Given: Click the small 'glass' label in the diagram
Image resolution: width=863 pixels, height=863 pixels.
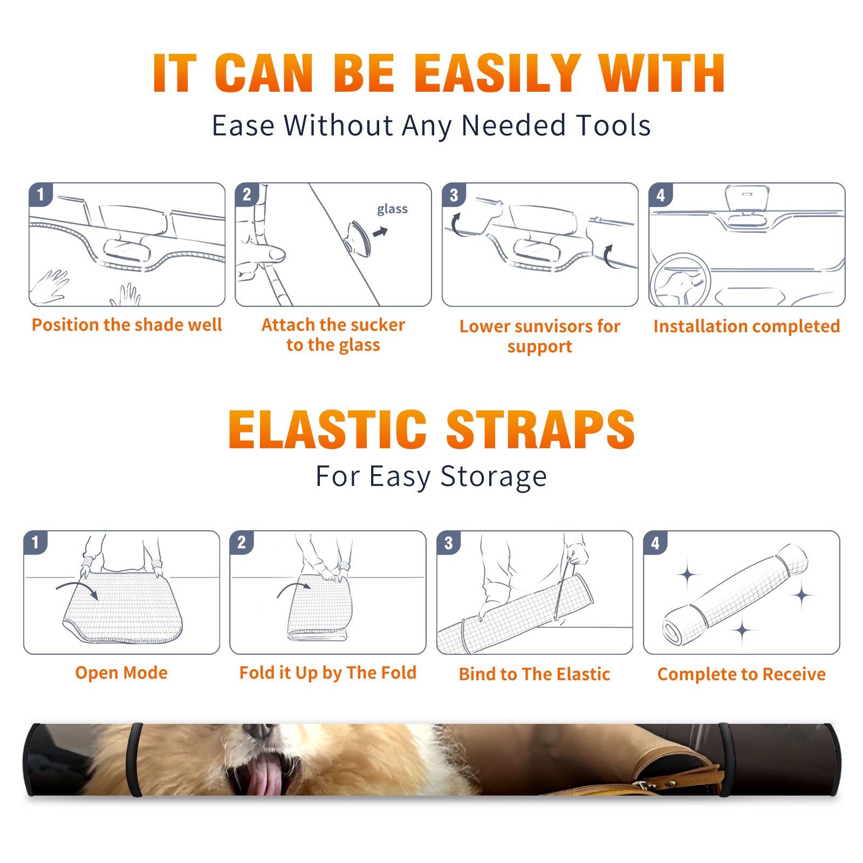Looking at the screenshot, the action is coord(392,209).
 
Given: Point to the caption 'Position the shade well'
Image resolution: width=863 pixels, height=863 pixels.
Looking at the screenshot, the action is coord(127,325).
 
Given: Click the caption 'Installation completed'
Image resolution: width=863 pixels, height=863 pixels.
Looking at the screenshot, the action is coord(746,326).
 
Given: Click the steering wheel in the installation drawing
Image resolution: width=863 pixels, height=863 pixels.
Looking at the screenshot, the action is coord(680,280).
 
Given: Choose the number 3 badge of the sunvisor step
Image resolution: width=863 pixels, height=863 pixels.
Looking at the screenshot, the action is coord(454,195).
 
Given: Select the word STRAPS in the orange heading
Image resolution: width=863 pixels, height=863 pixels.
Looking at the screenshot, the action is coord(540,429).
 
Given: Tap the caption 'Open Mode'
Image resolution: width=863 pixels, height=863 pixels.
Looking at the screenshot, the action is coord(121,673).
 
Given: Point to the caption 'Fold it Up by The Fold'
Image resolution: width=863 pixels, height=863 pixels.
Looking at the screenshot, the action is coord(328,673).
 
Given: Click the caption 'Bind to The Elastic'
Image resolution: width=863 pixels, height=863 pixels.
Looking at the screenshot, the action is coord(535,674).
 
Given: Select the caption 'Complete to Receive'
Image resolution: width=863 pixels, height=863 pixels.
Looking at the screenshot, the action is coord(742,674).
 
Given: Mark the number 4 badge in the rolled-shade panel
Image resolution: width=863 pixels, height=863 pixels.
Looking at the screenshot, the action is coord(655,543).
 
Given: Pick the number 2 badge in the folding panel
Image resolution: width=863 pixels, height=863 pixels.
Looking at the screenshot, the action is coord(242,543).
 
